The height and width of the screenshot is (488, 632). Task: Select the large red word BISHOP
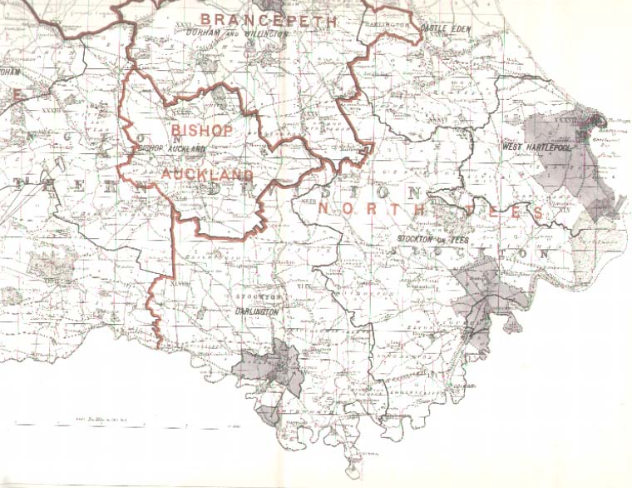[x=202, y=131]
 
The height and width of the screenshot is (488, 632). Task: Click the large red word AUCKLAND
[x=207, y=174]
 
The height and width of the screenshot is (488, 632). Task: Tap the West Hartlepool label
[x=534, y=147]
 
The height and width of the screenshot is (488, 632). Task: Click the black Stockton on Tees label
[x=434, y=240]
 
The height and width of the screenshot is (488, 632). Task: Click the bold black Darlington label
[x=255, y=311]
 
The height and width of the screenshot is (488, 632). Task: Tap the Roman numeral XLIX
[x=301, y=288]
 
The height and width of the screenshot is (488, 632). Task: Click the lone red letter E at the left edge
[x=16, y=96]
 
